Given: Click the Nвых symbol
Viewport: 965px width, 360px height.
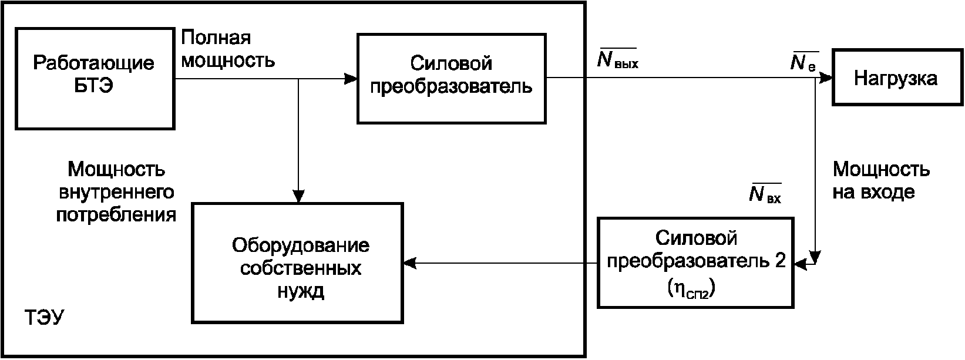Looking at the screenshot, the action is pyautogui.click(x=617, y=59).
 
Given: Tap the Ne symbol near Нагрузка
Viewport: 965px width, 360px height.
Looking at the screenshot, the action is pyautogui.click(x=803, y=62).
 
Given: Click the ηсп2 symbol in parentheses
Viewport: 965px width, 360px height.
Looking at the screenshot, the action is pyautogui.click(x=691, y=288).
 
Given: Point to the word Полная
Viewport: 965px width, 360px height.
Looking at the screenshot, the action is pyautogui.click(x=216, y=38).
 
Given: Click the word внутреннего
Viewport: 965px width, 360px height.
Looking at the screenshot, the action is pyautogui.click(x=116, y=192).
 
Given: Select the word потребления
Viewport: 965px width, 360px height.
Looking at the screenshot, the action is pyautogui.click(x=116, y=214).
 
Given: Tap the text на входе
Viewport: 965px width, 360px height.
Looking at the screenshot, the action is pyautogui.click(x=873, y=192).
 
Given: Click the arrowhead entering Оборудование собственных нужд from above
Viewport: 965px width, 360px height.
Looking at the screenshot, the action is pyautogui.click(x=298, y=196).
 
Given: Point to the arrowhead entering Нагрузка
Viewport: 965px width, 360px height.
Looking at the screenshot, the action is pyautogui.click(x=826, y=78).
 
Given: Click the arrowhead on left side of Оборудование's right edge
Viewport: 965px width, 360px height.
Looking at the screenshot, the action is pyautogui.click(x=410, y=263).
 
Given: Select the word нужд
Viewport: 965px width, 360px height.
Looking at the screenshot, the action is pyautogui.click(x=300, y=291).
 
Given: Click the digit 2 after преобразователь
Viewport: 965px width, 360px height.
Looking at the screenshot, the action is pyautogui.click(x=780, y=260).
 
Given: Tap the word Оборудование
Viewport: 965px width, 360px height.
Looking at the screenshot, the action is pyautogui.click(x=300, y=245).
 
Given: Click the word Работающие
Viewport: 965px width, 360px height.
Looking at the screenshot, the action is pyautogui.click(x=93, y=63).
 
